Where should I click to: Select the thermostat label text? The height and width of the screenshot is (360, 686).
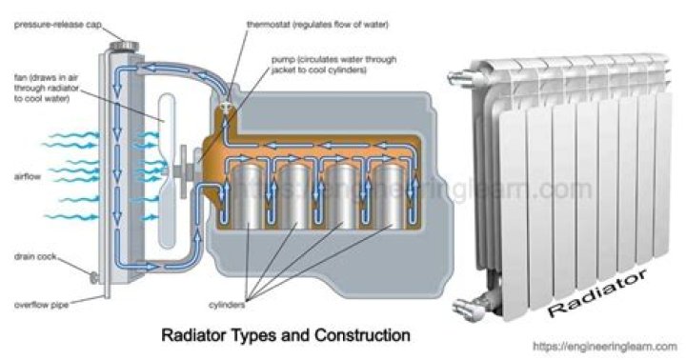point(302,23)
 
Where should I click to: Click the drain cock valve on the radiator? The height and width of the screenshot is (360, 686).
point(93,278)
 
